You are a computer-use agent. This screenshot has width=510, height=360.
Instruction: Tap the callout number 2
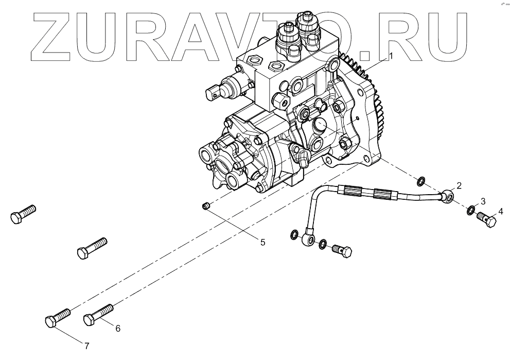pos(459,185)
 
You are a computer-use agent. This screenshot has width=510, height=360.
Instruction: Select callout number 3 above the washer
pos(483,201)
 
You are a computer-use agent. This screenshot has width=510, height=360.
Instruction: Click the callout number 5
pos(262,242)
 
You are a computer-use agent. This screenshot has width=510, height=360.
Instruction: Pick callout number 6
pos(117,329)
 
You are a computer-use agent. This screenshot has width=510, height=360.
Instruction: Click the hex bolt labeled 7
pos(57,317)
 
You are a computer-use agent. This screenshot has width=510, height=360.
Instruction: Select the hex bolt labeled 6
pos(98,315)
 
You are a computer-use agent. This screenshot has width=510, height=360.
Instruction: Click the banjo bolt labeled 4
pos(487,220)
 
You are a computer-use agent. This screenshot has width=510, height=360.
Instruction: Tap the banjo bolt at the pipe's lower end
pos(342,252)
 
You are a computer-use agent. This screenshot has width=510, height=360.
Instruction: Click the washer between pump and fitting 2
pos(420,181)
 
